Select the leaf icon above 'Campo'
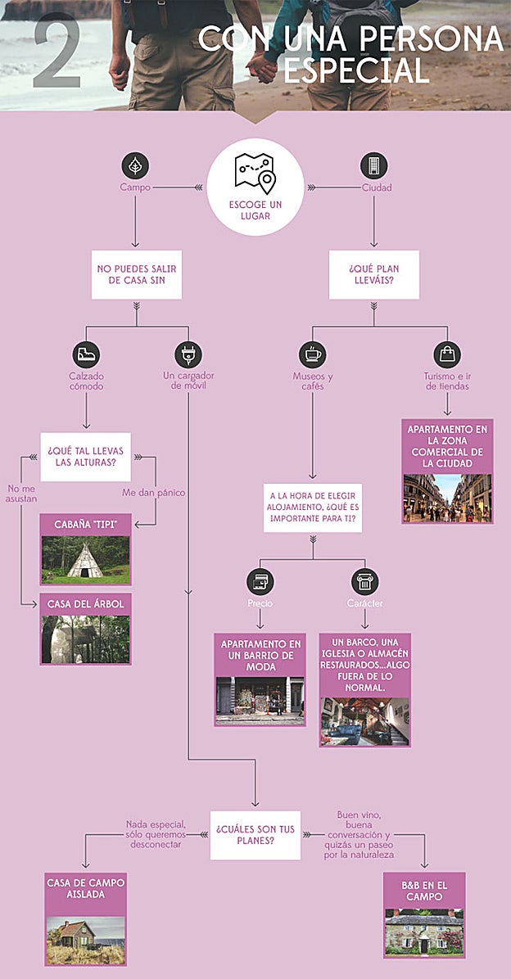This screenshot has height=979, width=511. point(135,165)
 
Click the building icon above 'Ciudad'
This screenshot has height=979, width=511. point(373,165)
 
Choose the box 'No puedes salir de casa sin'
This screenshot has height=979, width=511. point(135,275)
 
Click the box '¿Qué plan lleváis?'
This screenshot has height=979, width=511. point(373,275)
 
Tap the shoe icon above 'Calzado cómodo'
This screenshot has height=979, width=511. point(86,354)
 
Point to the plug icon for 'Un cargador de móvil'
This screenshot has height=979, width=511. point(188,354)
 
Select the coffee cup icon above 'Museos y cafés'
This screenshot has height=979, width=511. point(312,354)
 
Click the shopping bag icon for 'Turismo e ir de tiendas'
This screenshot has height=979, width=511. point(447,354)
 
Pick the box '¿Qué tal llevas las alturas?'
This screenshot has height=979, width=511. point(86,457)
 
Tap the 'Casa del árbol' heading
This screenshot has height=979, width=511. point(86,604)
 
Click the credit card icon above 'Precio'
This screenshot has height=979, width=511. point(260,582)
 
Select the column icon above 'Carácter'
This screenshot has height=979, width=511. point(364,582)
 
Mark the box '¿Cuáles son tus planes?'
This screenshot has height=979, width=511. point(255,835)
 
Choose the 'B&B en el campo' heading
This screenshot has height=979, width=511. point(424,891)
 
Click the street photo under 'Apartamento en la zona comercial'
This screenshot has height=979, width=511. point(447,498)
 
